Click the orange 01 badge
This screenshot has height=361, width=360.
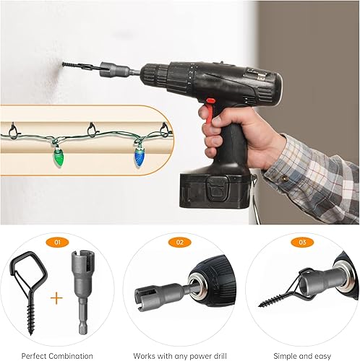(x=57, y=242)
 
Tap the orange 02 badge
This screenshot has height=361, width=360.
(x=180, y=242)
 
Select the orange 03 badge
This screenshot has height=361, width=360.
(x=302, y=242)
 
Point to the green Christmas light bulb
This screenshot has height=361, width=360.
(x=57, y=157)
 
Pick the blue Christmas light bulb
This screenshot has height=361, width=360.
(x=139, y=157)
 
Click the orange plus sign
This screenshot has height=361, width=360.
(x=56, y=298)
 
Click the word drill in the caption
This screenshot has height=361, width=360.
(x=218, y=356)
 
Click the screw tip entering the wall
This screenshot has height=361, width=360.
(x=64, y=64)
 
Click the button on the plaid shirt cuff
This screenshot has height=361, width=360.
(x=286, y=178)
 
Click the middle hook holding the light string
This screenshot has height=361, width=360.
(x=93, y=129)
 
